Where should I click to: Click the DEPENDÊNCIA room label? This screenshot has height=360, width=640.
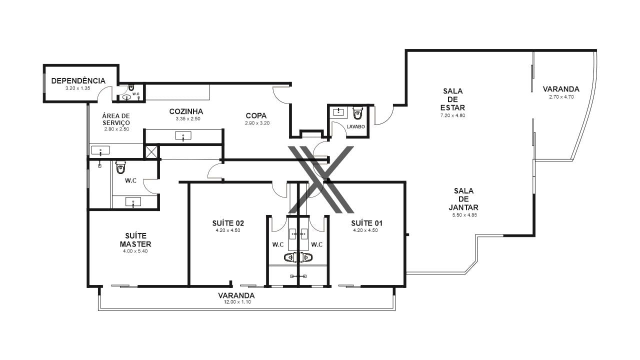[78, 81]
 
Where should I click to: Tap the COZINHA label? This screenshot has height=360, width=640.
[186, 111]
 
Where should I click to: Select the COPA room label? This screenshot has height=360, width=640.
[256, 115]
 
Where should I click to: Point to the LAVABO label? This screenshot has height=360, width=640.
[355, 126]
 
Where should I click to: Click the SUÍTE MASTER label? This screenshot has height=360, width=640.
[135, 240]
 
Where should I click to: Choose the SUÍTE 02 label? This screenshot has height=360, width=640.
[228, 223]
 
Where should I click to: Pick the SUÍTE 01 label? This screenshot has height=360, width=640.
[367, 223]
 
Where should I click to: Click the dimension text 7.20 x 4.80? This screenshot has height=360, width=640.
[452, 115]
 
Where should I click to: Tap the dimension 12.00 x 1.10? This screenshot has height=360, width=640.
[237, 302]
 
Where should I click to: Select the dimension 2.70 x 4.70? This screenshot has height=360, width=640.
[561, 97]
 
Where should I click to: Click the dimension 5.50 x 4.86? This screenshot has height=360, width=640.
[464, 215]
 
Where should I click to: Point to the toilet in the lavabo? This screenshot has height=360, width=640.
[357, 113]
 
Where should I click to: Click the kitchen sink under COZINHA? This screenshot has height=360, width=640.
[183, 135]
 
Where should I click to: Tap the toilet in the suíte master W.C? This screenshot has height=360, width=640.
[120, 167]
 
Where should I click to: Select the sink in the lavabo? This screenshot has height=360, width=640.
[338, 111]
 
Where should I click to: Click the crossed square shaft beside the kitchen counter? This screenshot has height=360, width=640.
[151, 151]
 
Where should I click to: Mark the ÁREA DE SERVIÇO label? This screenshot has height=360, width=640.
[116, 119]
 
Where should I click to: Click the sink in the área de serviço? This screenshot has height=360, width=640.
[100, 150]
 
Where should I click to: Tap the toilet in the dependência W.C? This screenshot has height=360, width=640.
[131, 87]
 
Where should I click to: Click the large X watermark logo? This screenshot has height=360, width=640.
[321, 179]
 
